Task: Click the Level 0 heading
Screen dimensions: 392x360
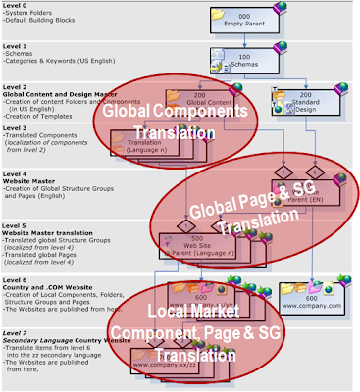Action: pos(16,5)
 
